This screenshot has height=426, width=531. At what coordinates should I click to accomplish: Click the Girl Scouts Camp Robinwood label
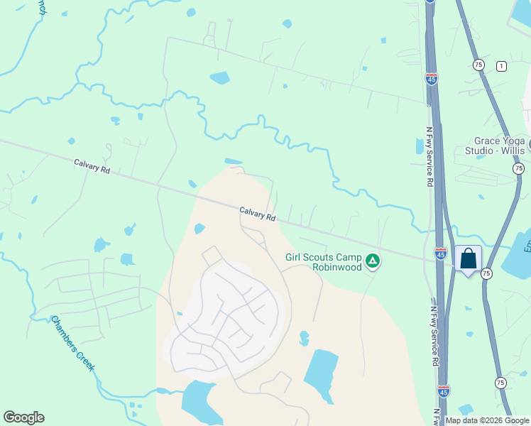(x=324, y=263)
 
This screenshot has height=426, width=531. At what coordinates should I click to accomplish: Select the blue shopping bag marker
(x=469, y=258)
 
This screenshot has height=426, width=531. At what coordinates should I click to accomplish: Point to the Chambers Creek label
(x=72, y=342)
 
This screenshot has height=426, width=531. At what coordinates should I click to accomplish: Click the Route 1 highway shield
(x=502, y=66)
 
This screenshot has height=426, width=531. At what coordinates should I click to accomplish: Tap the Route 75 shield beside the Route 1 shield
(x=478, y=64)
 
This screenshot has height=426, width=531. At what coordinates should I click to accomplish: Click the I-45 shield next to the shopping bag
(x=441, y=253)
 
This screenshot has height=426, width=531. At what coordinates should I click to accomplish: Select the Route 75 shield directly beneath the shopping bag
(x=486, y=273)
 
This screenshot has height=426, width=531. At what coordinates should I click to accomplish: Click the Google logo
(x=23, y=417)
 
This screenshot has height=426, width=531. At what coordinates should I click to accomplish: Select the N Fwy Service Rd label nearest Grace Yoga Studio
(x=429, y=156)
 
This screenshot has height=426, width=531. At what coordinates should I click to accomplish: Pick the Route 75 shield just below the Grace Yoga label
(x=519, y=168)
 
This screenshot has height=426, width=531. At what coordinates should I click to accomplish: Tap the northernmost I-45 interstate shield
(x=432, y=79)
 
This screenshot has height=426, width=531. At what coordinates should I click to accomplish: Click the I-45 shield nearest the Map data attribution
(x=444, y=390)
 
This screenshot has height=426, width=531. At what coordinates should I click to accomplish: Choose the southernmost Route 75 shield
(x=500, y=383)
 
